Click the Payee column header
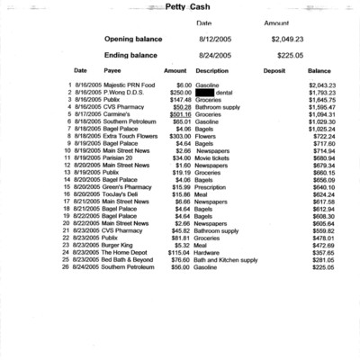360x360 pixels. (112, 70)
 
